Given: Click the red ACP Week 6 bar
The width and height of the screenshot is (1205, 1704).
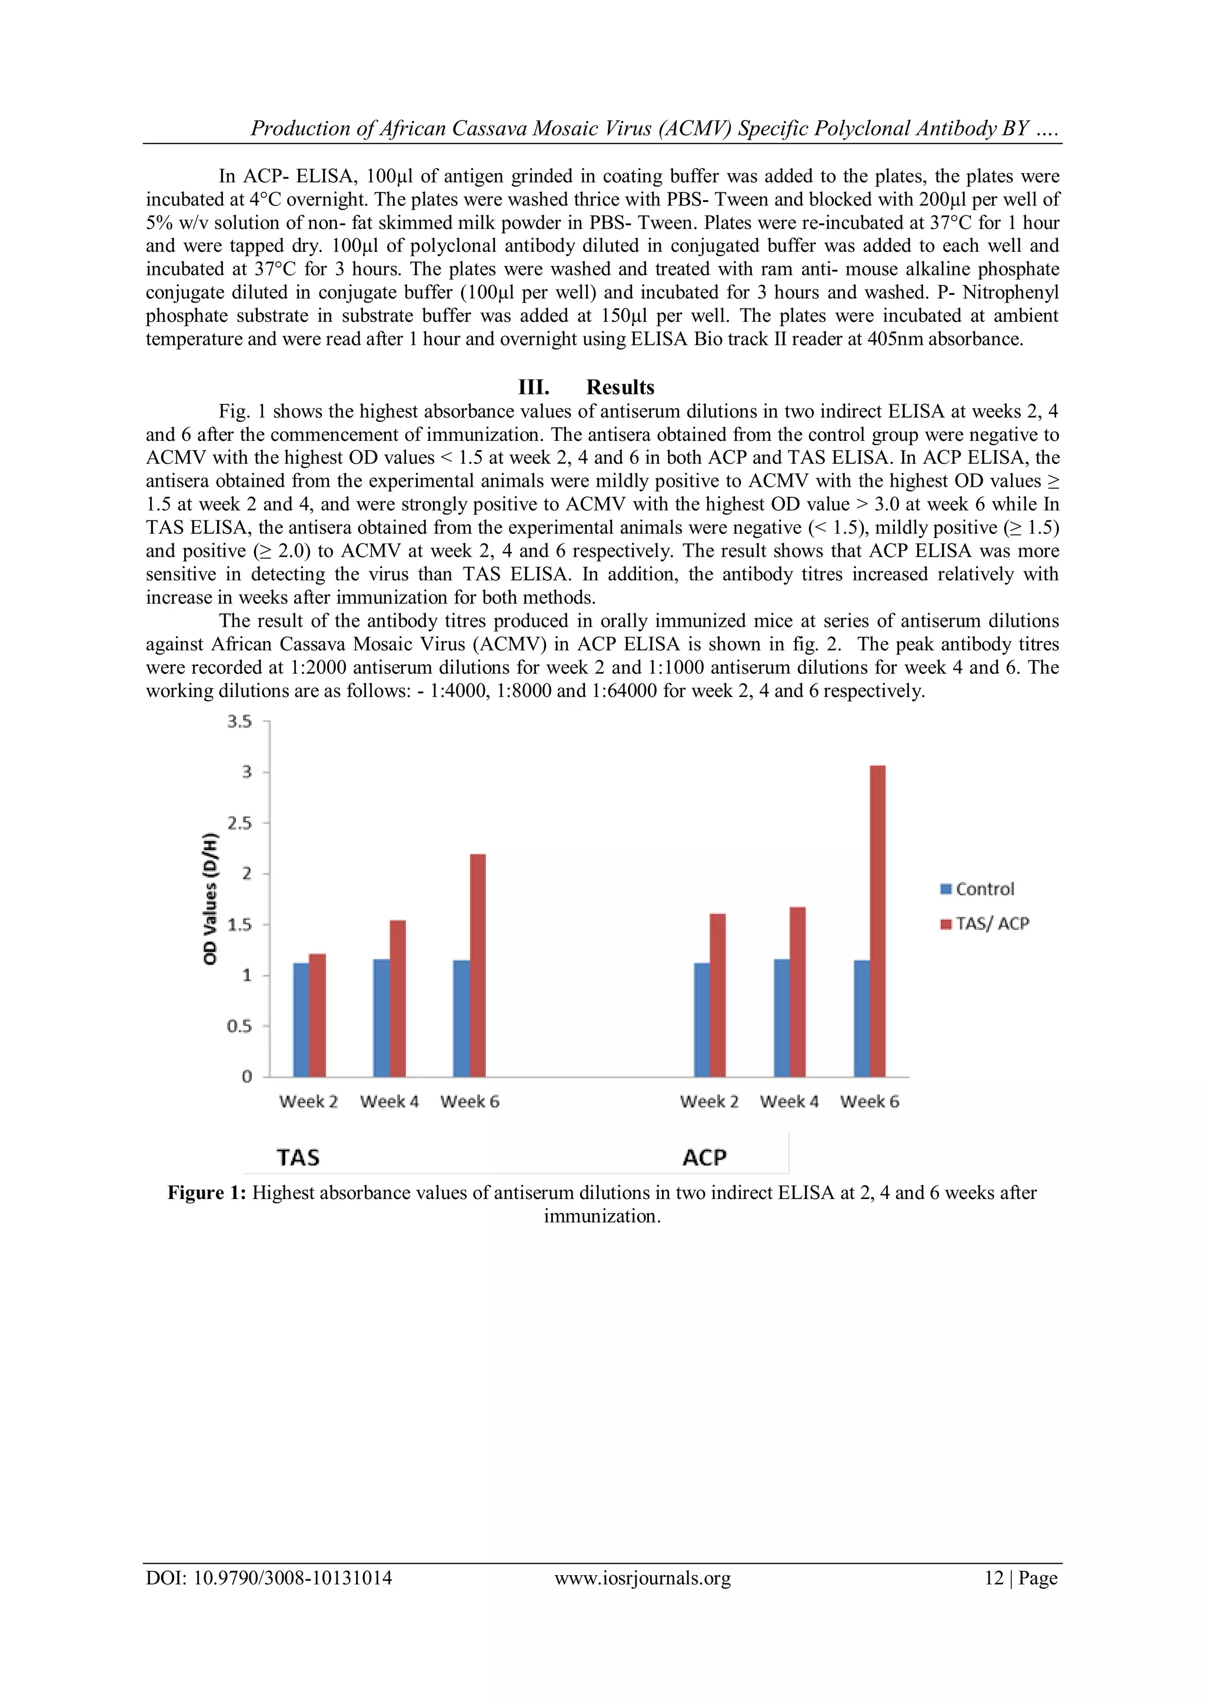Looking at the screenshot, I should pyautogui.click(x=877, y=921).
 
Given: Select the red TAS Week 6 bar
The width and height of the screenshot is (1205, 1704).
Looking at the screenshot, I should pyautogui.click(x=478, y=965).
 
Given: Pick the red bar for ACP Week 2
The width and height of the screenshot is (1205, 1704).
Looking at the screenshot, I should pyautogui.click(x=717, y=995).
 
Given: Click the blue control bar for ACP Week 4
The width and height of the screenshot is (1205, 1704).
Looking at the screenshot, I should pyautogui.click(x=781, y=1018).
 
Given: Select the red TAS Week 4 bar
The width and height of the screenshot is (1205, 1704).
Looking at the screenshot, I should pyautogui.click(x=398, y=998).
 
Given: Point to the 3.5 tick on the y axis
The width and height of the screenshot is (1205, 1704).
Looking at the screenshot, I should pyautogui.click(x=239, y=722).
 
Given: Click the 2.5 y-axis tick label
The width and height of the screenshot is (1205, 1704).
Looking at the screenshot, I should pyautogui.click(x=239, y=823).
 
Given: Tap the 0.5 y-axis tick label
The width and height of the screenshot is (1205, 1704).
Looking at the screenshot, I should pyautogui.click(x=239, y=1026).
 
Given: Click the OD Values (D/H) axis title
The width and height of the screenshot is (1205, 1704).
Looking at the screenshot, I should pyautogui.click(x=210, y=899).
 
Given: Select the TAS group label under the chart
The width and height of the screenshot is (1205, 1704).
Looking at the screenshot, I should pyautogui.click(x=298, y=1158).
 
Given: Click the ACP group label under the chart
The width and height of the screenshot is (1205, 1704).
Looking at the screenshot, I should pyautogui.click(x=704, y=1158).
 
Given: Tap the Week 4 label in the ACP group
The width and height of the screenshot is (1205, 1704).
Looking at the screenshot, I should pyautogui.click(x=789, y=1101).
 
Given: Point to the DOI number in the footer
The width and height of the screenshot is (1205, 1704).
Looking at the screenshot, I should pyautogui.click(x=269, y=1578).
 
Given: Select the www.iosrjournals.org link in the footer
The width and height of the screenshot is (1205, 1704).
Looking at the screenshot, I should pyautogui.click(x=643, y=1578).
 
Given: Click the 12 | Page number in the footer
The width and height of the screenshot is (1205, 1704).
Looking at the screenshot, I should pyautogui.click(x=1020, y=1578).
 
